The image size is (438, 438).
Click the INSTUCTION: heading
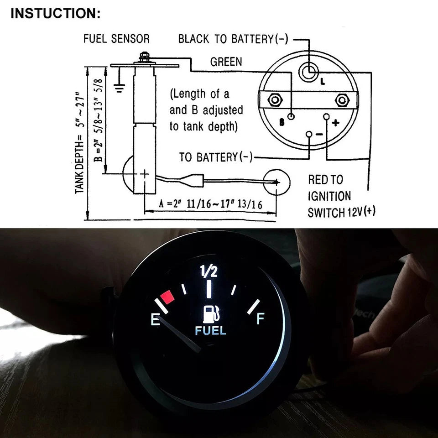[55, 13]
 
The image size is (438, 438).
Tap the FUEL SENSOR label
[116, 38]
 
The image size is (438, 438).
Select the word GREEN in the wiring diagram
[226, 62]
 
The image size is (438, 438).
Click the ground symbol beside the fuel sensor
[119, 88]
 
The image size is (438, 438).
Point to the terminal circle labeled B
[291, 116]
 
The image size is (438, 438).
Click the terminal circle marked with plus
[326, 116]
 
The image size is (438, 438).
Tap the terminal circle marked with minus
[309, 134]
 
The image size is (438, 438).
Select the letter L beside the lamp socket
[323, 82]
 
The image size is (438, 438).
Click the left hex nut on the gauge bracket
[275, 100]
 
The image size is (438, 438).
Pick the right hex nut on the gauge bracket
[342, 100]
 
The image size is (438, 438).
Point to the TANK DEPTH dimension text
[79, 142]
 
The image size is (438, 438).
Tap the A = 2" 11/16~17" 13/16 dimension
[211, 204]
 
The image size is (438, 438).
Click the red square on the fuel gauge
[167, 297]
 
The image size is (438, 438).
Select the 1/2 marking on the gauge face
[209, 271]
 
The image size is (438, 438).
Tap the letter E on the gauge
[155, 319]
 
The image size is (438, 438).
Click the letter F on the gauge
[261, 318]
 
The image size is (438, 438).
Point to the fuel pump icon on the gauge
[211, 314]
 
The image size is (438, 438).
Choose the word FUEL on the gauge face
[210, 331]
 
